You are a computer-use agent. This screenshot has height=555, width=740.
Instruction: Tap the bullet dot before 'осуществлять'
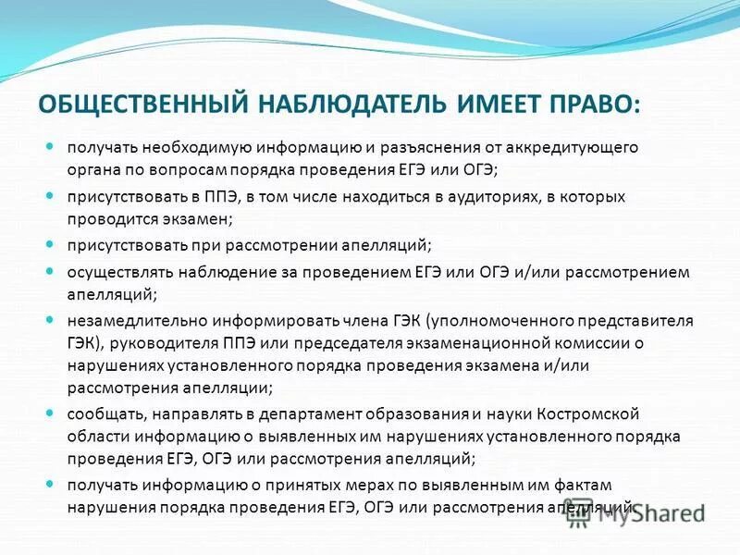coord(52,270)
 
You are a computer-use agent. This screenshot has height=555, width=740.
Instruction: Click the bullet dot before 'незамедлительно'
coord(52,318)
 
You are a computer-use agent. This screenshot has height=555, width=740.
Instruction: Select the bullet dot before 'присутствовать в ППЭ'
coord(52,195)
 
